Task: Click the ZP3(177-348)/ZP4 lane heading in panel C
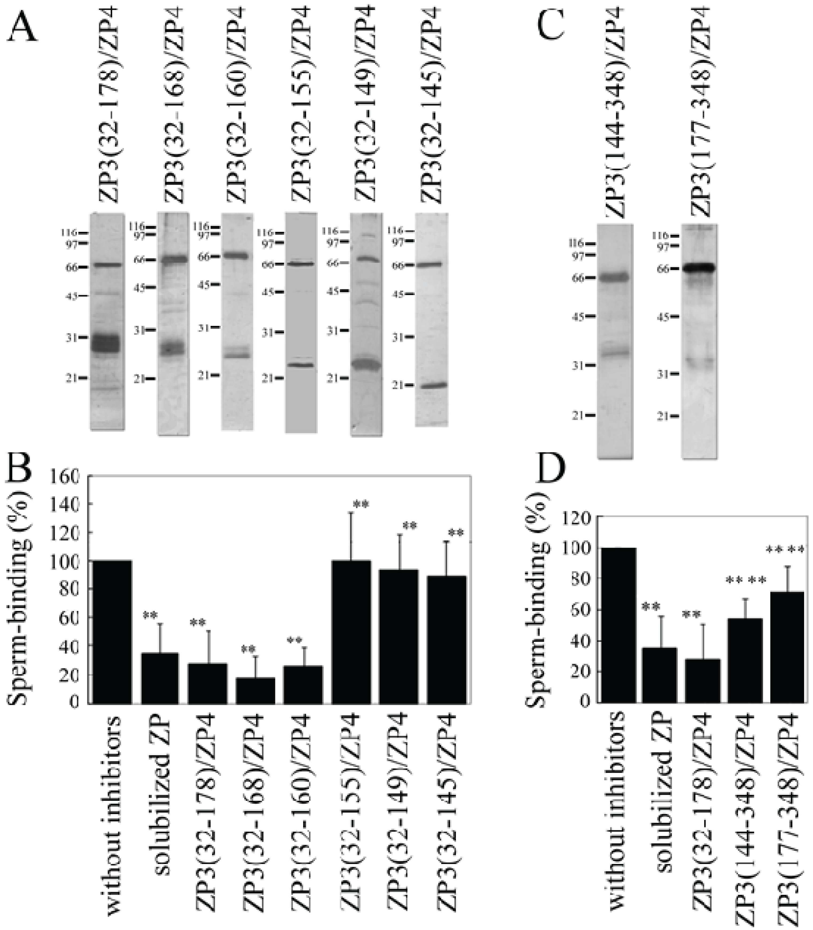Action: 701,109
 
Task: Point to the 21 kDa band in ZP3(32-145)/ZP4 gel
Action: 431,385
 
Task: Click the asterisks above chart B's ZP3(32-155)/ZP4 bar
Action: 362,504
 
